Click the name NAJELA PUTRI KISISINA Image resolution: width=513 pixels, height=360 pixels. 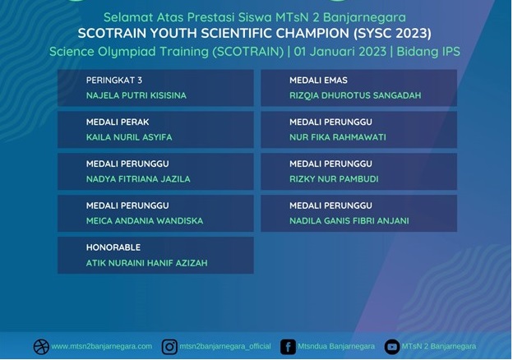pyautogui.click(x=136, y=95)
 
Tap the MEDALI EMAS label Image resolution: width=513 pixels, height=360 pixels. pyautogui.click(x=318, y=80)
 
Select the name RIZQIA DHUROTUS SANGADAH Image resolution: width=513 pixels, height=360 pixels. pyautogui.click(x=355, y=95)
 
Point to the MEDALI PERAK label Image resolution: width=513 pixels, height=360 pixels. pyautogui.click(x=118, y=122)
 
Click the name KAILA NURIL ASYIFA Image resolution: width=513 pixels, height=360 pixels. pyautogui.click(x=129, y=137)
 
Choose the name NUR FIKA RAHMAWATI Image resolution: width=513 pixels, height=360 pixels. pyautogui.click(x=338, y=137)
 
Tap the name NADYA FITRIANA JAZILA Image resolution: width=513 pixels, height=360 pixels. pyautogui.click(x=138, y=179)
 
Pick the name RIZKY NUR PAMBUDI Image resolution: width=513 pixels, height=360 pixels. pyautogui.click(x=334, y=179)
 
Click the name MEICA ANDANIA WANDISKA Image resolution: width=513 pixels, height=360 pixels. pyautogui.click(x=145, y=221)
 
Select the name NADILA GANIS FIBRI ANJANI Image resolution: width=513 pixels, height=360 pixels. pyautogui.click(x=349, y=221)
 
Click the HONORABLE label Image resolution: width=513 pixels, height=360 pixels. pyautogui.click(x=113, y=247)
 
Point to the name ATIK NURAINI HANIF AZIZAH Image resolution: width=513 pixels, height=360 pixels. pyautogui.click(x=146, y=263)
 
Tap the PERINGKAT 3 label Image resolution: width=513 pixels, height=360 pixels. pyautogui.click(x=113, y=80)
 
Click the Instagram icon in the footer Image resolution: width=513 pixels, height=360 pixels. pyautogui.click(x=169, y=347)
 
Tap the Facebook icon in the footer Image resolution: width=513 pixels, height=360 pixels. pyautogui.click(x=288, y=347)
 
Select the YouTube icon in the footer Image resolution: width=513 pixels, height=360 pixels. pyautogui.click(x=392, y=347)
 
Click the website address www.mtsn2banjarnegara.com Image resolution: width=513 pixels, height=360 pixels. pyautogui.click(x=102, y=346)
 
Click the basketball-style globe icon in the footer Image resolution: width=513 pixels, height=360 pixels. pyautogui.click(x=41, y=347)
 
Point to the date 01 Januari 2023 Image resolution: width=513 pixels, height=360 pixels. pyautogui.click(x=340, y=52)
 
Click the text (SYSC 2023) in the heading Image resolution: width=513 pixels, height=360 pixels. pyautogui.click(x=392, y=34)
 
